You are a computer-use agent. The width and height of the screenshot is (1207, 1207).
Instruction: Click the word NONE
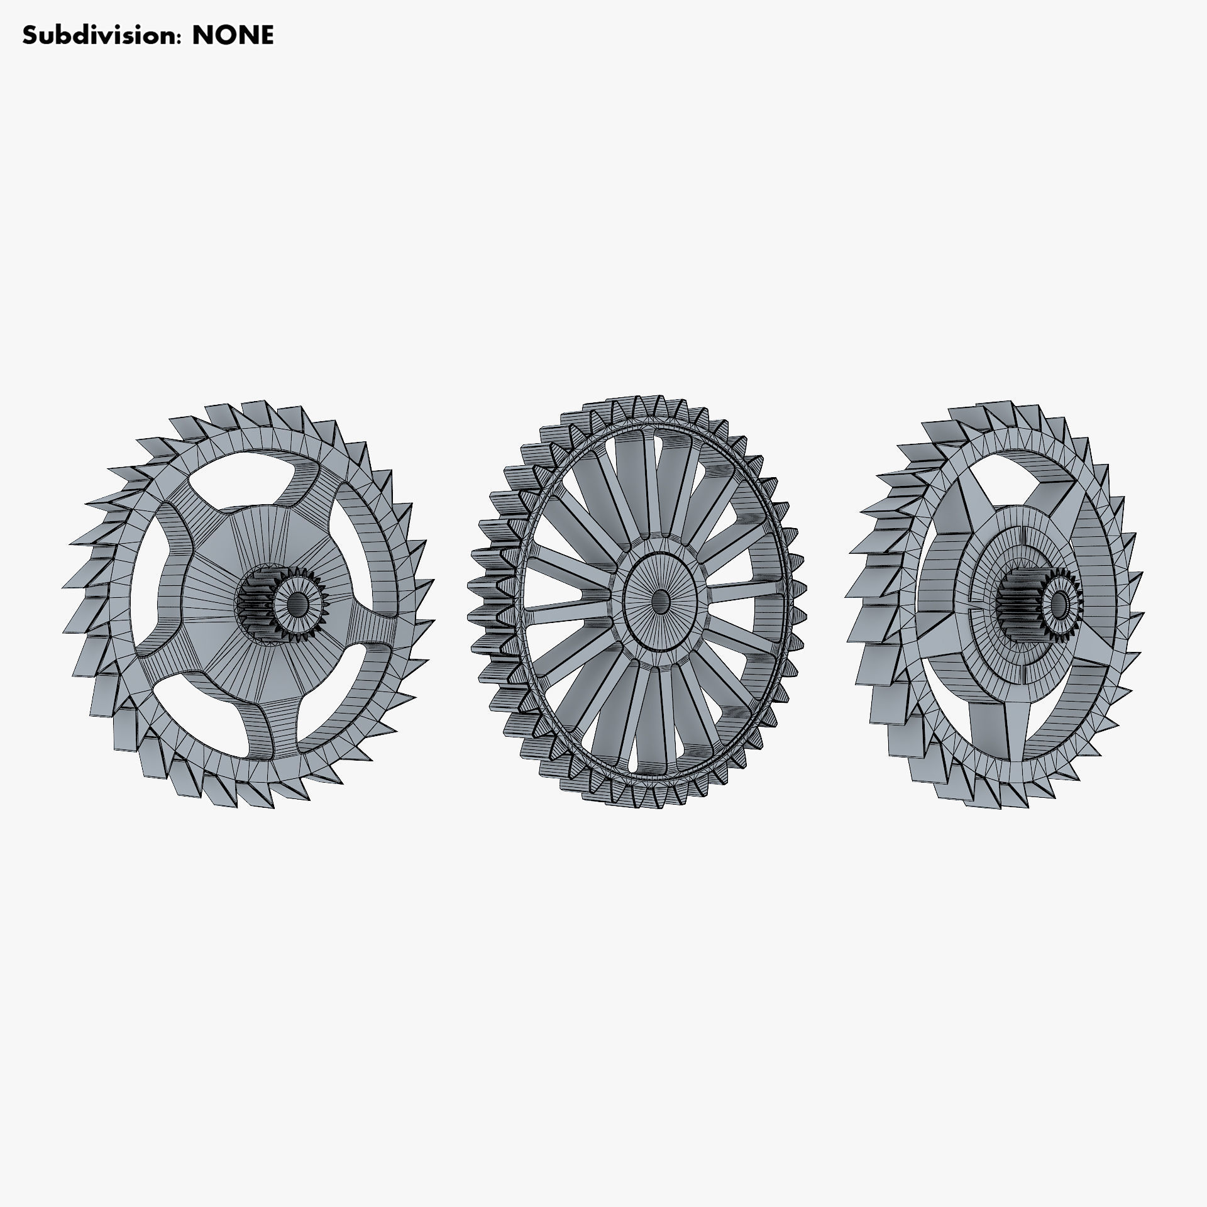(x=233, y=36)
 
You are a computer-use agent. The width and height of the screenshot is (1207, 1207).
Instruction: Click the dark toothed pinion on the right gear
(x=1019, y=603)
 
